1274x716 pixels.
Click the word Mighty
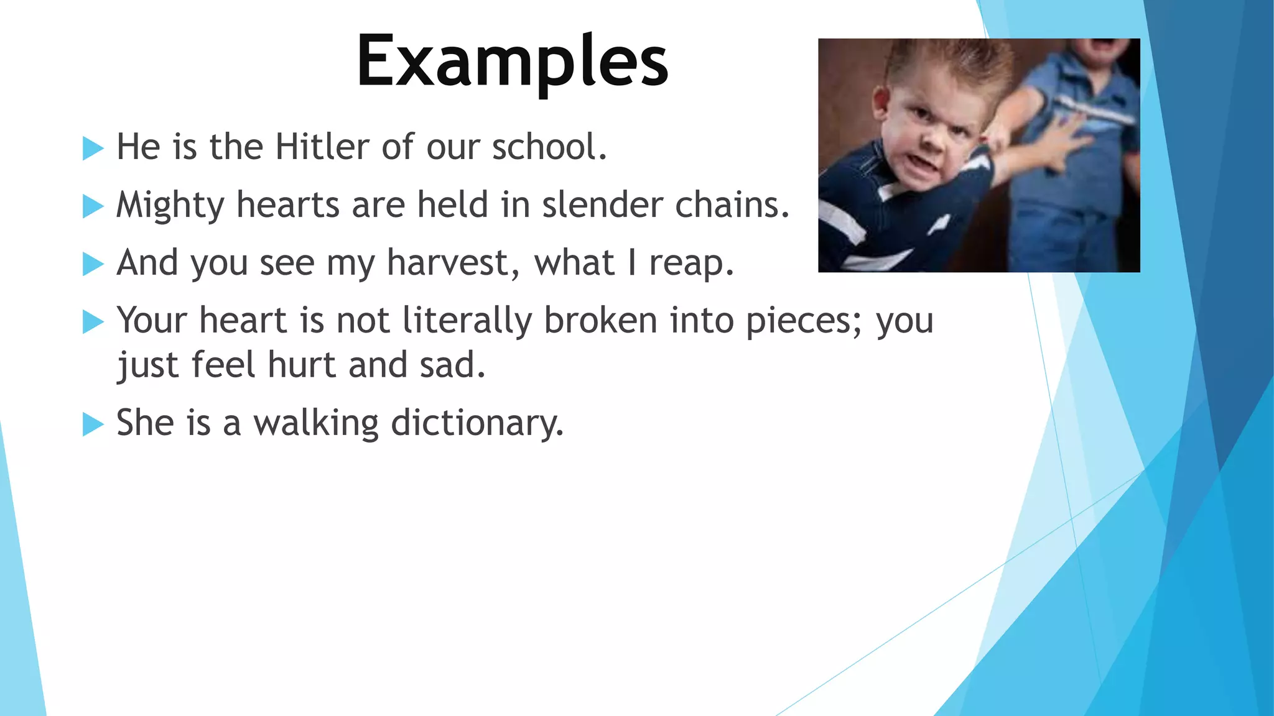click(x=170, y=206)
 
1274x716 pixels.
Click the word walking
click(x=316, y=423)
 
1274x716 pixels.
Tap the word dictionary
click(x=477, y=423)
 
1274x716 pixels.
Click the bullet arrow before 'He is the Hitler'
click(x=93, y=149)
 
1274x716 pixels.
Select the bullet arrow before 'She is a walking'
click(x=93, y=425)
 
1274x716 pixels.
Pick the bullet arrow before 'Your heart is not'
click(x=93, y=322)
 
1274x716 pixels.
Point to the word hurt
click(x=302, y=365)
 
